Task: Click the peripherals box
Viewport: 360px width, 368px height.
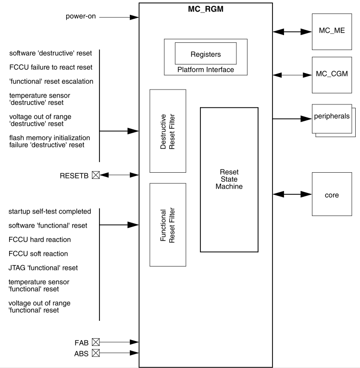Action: click(x=331, y=118)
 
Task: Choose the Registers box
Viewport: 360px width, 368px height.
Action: click(x=205, y=53)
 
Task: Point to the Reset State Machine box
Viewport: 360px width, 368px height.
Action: click(x=229, y=179)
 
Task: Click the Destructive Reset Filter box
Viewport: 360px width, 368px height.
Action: click(x=168, y=131)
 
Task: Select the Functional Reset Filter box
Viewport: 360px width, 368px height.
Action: click(x=168, y=225)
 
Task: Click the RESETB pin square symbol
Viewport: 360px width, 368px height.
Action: click(x=96, y=176)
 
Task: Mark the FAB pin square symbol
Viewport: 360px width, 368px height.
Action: click(x=96, y=343)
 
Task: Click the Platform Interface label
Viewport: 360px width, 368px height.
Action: click(x=205, y=70)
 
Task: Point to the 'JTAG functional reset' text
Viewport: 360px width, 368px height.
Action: click(x=43, y=267)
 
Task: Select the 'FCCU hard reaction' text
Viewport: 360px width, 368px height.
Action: click(x=39, y=240)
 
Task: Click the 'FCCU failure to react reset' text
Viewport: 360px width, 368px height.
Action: click(x=51, y=67)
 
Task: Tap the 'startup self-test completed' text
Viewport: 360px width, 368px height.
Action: click(x=50, y=212)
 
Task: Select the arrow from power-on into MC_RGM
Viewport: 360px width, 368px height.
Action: click(x=118, y=18)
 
